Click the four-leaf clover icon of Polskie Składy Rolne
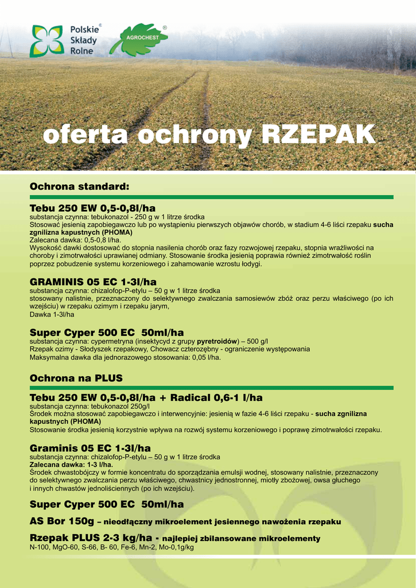point(47,41)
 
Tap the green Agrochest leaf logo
point(138,40)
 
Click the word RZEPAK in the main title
point(318,136)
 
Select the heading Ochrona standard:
point(80,187)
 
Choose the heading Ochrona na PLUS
point(76,378)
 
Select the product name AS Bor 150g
point(61,521)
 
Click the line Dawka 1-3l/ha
point(52,315)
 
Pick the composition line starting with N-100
point(111,547)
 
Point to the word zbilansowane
point(227,539)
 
